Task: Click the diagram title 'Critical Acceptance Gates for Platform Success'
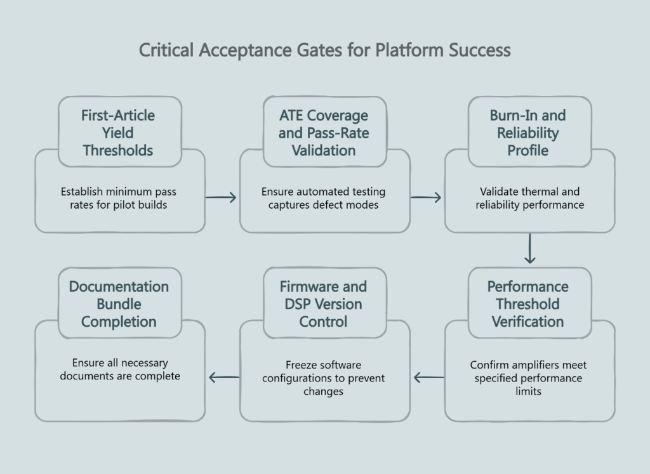point(324,50)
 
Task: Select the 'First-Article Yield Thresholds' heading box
point(119,133)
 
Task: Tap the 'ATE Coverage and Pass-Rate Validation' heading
point(324,133)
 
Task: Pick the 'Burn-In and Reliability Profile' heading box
point(529,133)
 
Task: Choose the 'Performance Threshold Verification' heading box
point(529,304)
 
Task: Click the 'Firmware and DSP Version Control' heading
point(324,304)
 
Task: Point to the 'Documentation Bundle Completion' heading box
point(119,304)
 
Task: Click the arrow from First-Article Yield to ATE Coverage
point(222,197)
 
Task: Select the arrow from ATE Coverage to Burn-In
point(427,197)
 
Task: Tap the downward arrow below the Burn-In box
point(530,249)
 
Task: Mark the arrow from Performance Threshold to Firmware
point(428,378)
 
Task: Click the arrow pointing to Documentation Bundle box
point(223,378)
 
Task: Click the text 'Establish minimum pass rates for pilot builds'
point(119,198)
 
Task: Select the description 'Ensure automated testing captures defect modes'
point(324,198)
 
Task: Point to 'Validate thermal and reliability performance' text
point(529,198)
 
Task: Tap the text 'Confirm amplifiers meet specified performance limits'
point(529,378)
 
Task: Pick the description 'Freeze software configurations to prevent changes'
point(324,378)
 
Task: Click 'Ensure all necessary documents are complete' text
point(119,370)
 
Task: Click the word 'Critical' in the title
point(166,50)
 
